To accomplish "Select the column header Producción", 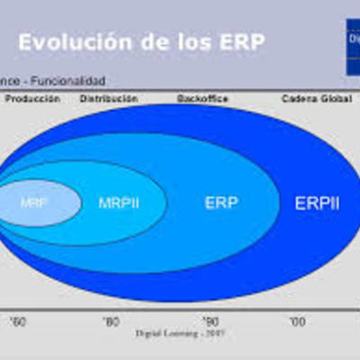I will click(33, 98).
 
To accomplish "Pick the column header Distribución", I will click(109, 98).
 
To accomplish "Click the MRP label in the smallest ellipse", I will click(34, 202).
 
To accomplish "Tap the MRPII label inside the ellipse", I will click(119, 202).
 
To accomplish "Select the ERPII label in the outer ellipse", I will click(317, 202).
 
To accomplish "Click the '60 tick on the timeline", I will click(18, 320).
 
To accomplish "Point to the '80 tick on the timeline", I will click(111, 320).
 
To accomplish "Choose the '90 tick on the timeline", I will click(210, 320).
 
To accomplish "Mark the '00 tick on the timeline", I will click(296, 320).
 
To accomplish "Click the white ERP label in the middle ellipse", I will click(220, 202).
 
